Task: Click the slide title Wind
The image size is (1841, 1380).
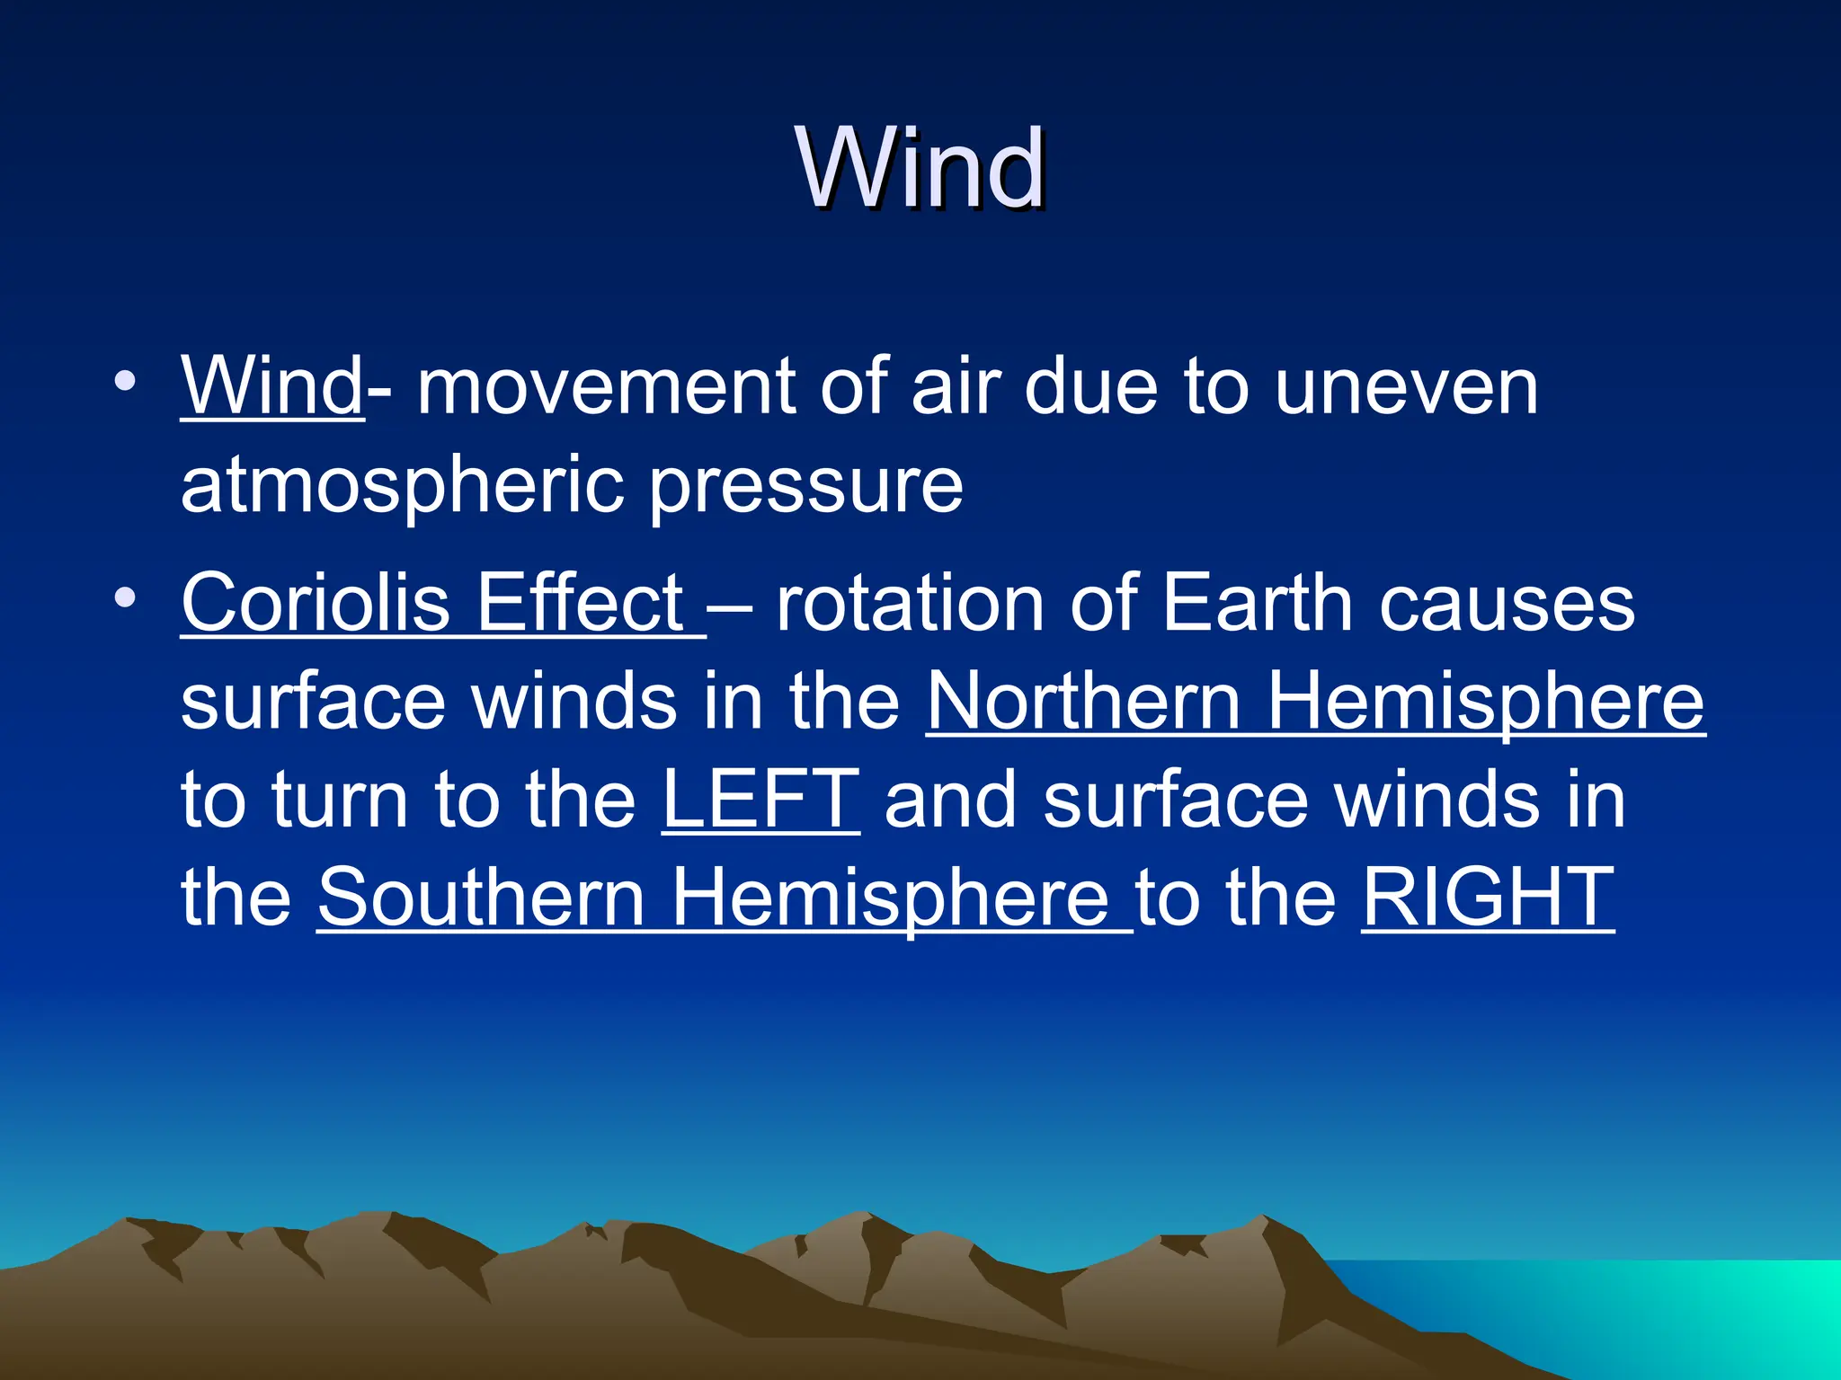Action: click(x=920, y=169)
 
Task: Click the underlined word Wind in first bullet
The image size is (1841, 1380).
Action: click(x=271, y=386)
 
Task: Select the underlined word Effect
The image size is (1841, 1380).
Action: click(x=580, y=603)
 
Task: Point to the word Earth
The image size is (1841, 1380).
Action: click(x=1258, y=603)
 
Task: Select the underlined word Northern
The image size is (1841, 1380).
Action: click(x=1083, y=702)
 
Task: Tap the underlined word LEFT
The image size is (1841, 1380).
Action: click(x=760, y=799)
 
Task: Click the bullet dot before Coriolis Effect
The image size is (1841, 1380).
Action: click(x=125, y=597)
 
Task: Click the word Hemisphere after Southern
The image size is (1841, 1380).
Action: click(x=890, y=898)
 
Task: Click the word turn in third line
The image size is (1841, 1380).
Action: click(x=339, y=801)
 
